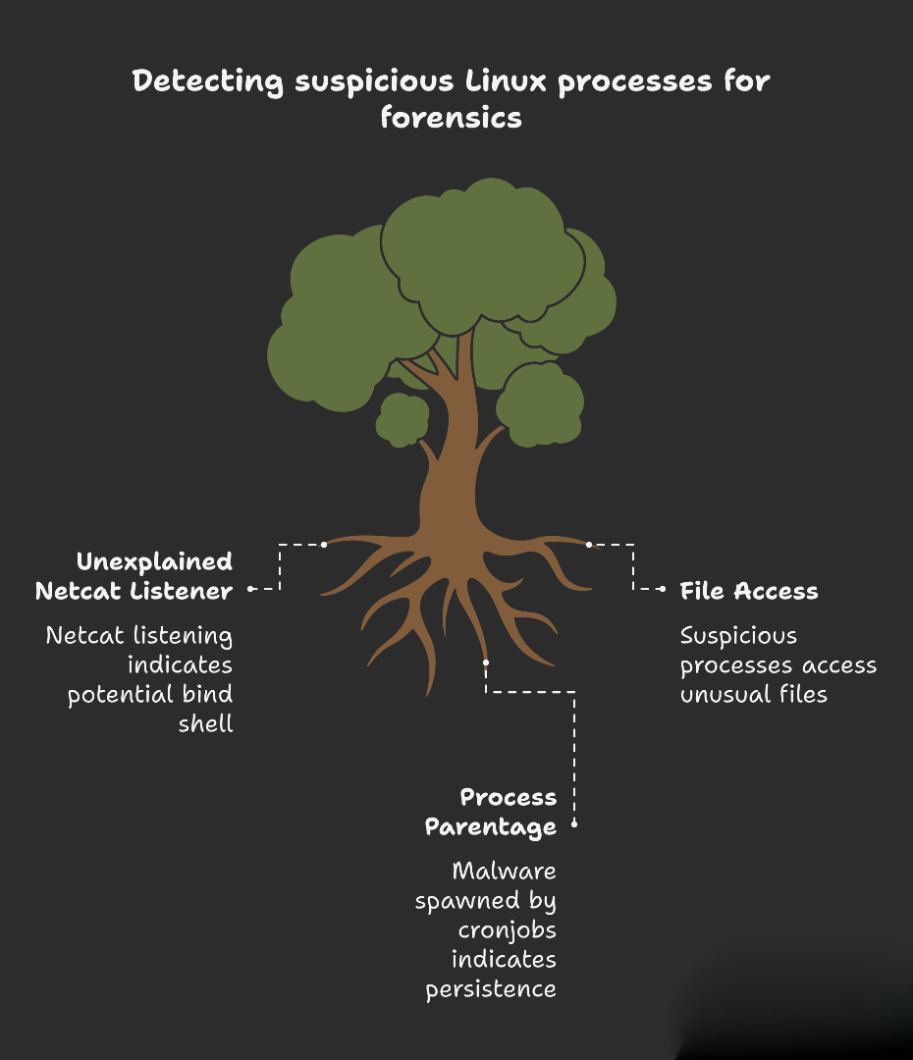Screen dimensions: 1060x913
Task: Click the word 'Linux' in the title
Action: coord(507,80)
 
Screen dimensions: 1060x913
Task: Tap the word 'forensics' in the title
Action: coord(451,118)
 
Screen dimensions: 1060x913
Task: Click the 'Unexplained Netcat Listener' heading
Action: coord(134,576)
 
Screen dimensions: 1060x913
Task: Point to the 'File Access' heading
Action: coord(749,591)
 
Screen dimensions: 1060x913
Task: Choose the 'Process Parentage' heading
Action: coord(491,812)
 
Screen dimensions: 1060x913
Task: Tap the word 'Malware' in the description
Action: coord(504,871)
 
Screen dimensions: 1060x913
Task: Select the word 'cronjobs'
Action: coord(508,929)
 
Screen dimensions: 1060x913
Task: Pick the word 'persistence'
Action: coord(491,988)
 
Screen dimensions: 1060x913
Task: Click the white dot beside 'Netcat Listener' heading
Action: coord(251,589)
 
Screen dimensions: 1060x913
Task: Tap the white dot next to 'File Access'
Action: coord(664,589)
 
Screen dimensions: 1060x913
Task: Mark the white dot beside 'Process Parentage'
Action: coord(574,825)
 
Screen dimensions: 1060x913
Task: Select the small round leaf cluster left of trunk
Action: coord(402,419)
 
